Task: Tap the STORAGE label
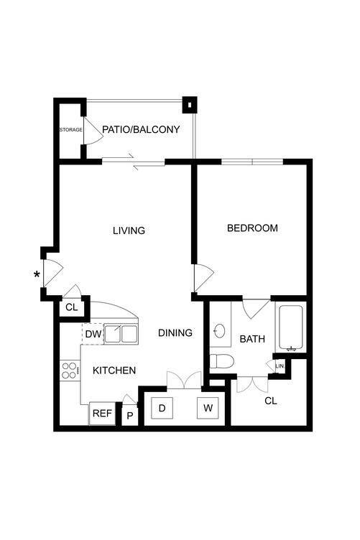click(70, 130)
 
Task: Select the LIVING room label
click(129, 231)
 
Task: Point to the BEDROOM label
click(252, 229)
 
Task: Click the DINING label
click(175, 333)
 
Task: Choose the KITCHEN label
click(114, 371)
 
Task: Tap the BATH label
click(252, 339)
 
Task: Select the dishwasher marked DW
click(93, 333)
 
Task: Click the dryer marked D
click(162, 409)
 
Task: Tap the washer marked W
click(208, 409)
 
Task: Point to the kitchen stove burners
click(70, 371)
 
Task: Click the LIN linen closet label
click(279, 366)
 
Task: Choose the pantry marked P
click(130, 415)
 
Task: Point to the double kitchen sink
click(121, 334)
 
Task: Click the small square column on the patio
click(190, 105)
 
